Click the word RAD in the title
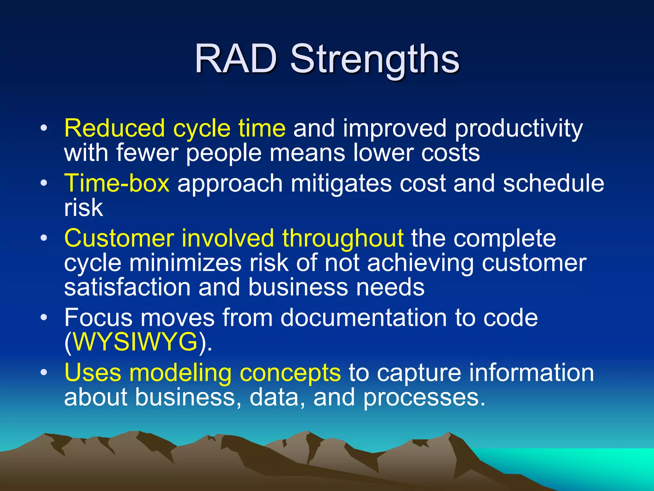click(x=236, y=59)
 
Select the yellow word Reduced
click(x=114, y=129)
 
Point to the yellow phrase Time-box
click(x=117, y=183)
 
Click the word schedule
click(x=553, y=183)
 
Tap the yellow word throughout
click(x=343, y=239)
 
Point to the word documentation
click(x=364, y=318)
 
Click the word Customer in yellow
click(x=119, y=239)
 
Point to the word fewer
click(x=147, y=153)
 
